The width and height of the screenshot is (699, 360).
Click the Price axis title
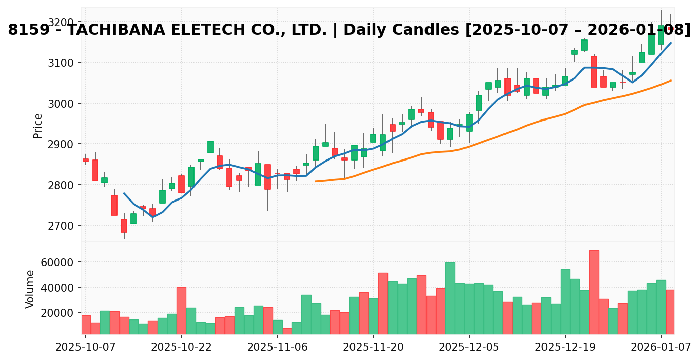tap(37, 126)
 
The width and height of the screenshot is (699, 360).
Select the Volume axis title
tap(30, 289)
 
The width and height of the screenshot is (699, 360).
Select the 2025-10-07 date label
tap(86, 347)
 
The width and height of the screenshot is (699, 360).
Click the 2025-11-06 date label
tap(278, 347)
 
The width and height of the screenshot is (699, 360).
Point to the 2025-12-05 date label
tap(469, 347)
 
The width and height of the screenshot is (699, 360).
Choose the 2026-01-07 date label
tap(661, 347)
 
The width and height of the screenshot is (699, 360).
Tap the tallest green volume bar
tap(450, 298)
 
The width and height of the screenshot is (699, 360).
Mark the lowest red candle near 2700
tap(124, 226)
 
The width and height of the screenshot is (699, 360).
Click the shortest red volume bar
tap(287, 331)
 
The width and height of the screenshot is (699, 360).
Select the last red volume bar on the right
tap(670, 312)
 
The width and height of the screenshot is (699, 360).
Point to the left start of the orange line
tap(316, 181)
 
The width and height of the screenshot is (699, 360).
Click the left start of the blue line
tap(124, 193)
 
